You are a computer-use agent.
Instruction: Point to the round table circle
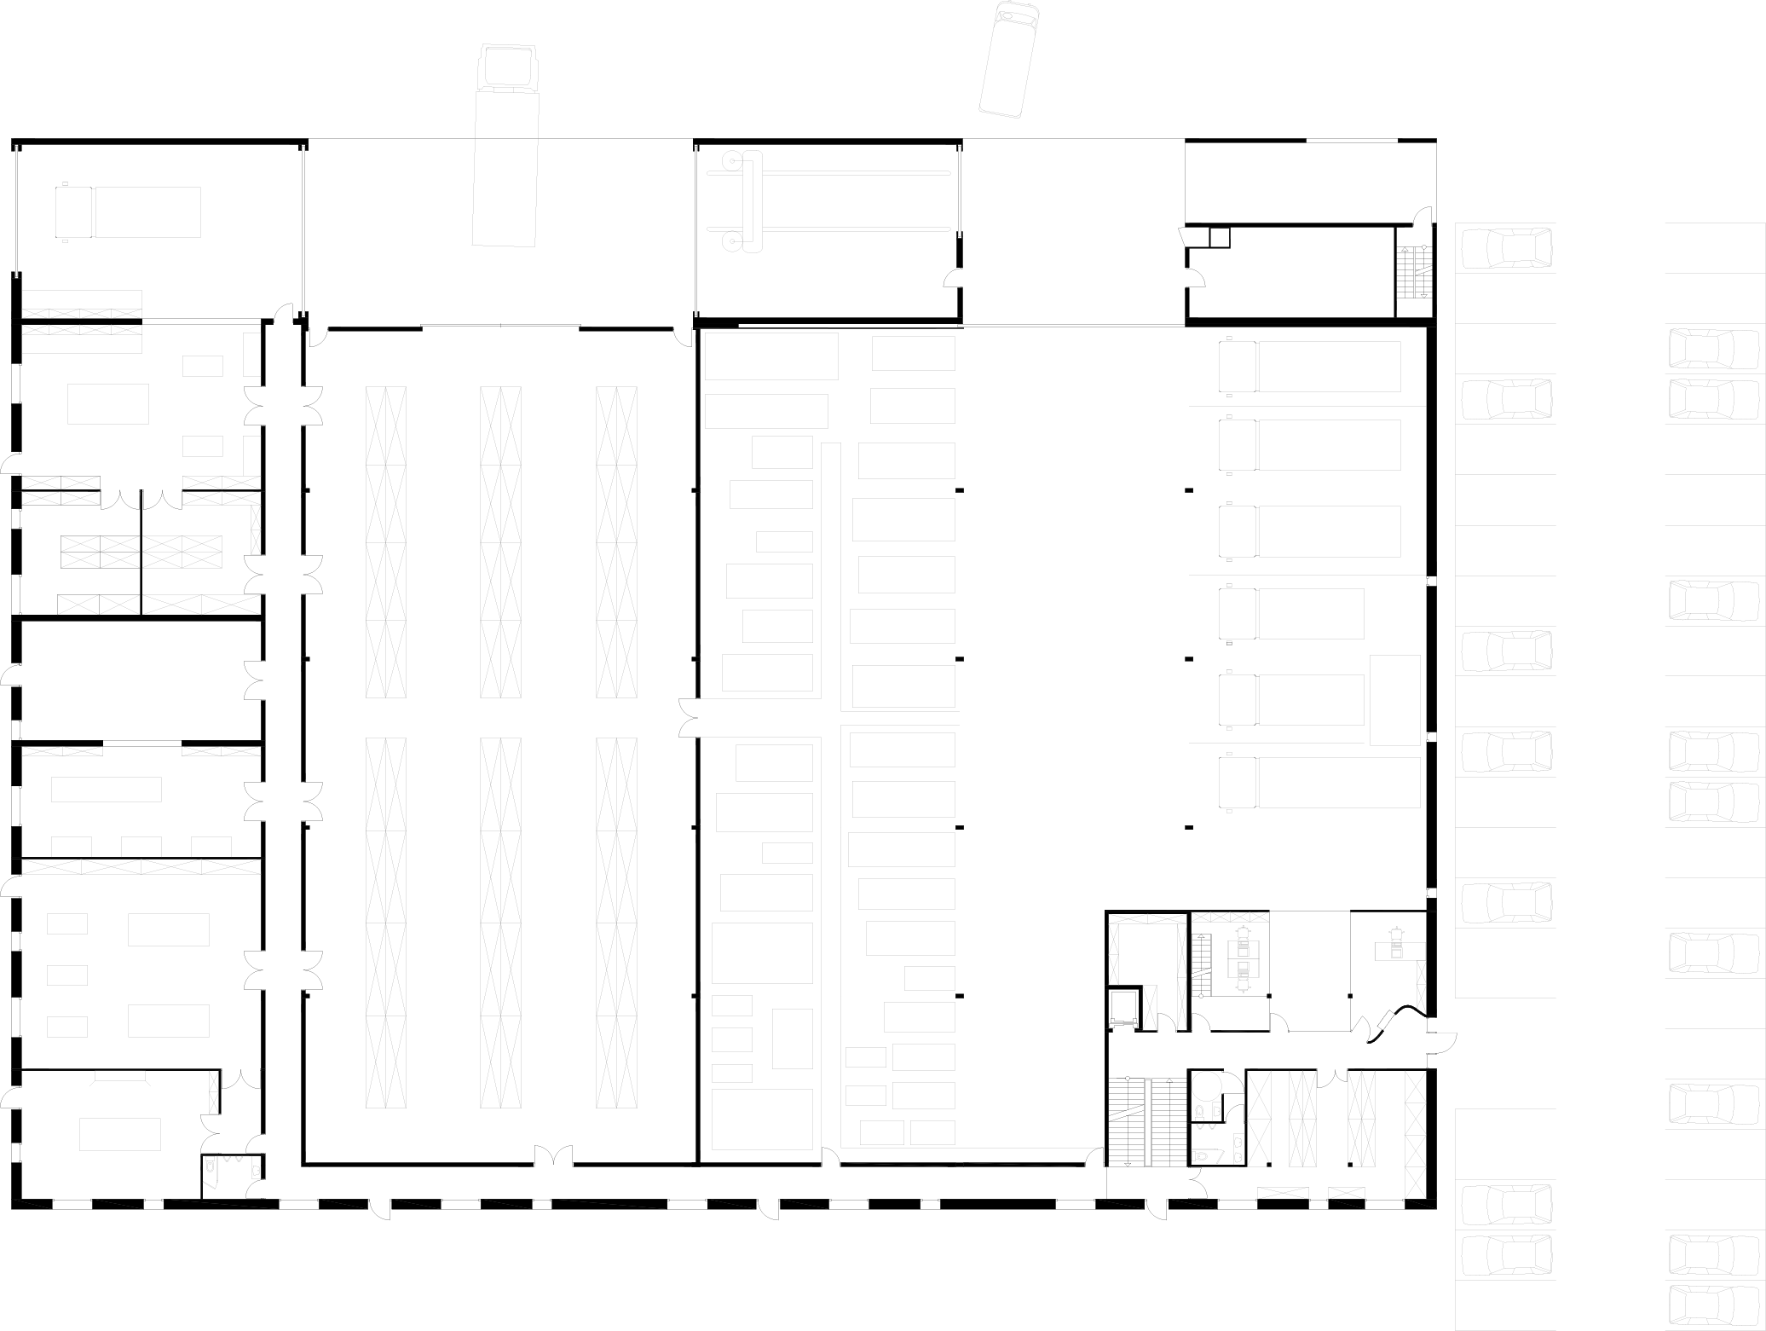click(x=1206, y=1086)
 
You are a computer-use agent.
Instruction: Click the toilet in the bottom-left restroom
click(x=210, y=1165)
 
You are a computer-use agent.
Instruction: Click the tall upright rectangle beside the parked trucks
click(x=1395, y=700)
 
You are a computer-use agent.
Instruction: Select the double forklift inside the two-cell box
click(x=1243, y=958)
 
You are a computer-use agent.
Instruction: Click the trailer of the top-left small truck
click(x=147, y=212)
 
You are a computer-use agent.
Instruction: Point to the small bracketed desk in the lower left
click(x=120, y=1076)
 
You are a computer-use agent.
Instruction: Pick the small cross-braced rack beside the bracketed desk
click(x=213, y=1092)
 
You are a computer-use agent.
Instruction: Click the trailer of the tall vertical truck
click(x=505, y=169)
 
